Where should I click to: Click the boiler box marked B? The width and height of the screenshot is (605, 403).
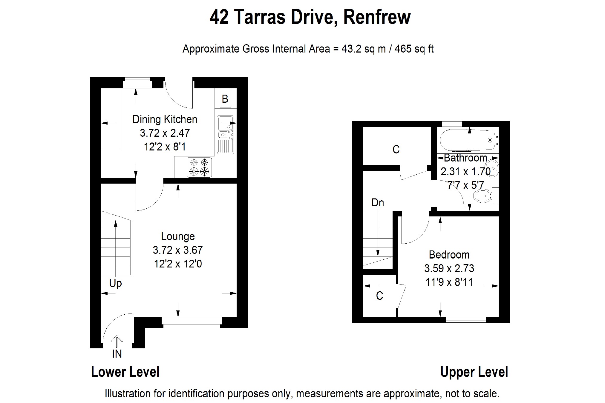(225, 99)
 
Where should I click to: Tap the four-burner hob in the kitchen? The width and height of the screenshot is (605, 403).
(199, 167)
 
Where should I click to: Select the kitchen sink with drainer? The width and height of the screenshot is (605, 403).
(225, 135)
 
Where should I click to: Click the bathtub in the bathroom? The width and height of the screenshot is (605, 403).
(468, 140)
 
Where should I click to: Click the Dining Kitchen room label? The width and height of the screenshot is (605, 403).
(165, 119)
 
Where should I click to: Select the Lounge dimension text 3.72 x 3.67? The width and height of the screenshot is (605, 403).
(178, 250)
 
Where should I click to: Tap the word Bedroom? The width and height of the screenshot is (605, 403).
(449, 255)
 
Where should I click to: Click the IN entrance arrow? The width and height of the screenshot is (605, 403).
(117, 342)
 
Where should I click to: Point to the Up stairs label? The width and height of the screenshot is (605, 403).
(115, 283)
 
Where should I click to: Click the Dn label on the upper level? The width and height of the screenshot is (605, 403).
(378, 203)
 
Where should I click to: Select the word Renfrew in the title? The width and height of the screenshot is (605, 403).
(377, 17)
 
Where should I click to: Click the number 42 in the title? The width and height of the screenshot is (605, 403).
(219, 17)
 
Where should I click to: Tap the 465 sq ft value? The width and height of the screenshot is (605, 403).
(414, 49)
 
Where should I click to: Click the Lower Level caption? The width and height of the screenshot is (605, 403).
(125, 372)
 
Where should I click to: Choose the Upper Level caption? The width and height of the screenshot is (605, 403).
(474, 372)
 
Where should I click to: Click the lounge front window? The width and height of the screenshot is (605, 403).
(192, 322)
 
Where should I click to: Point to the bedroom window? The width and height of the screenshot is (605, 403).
(466, 320)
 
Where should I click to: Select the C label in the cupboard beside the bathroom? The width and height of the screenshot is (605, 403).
(396, 149)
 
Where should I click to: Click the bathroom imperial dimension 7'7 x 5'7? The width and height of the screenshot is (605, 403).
(465, 185)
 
